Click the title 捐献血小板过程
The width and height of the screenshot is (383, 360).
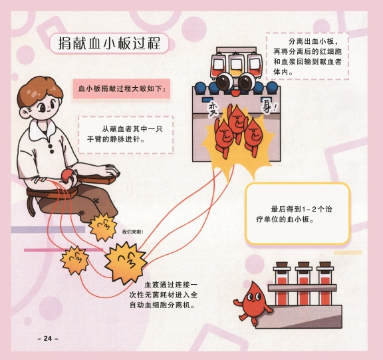(109, 43)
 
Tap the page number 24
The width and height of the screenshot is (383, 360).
(48, 338)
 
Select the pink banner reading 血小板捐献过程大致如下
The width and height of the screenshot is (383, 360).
(122, 89)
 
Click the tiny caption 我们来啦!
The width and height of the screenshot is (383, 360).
(132, 232)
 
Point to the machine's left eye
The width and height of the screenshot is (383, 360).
(223, 82)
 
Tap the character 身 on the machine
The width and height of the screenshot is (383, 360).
(267, 108)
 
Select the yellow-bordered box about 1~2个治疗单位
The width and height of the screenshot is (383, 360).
(298, 214)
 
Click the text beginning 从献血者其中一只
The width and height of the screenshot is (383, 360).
(125, 134)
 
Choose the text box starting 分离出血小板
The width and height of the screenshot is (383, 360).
(307, 56)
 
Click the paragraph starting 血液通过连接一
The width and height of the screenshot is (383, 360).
(163, 295)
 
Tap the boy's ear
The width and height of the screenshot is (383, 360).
(25, 112)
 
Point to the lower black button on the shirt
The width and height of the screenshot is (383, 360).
(52, 152)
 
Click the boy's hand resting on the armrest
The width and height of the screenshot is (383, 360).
(110, 170)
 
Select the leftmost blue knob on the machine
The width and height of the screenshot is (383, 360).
(200, 88)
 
